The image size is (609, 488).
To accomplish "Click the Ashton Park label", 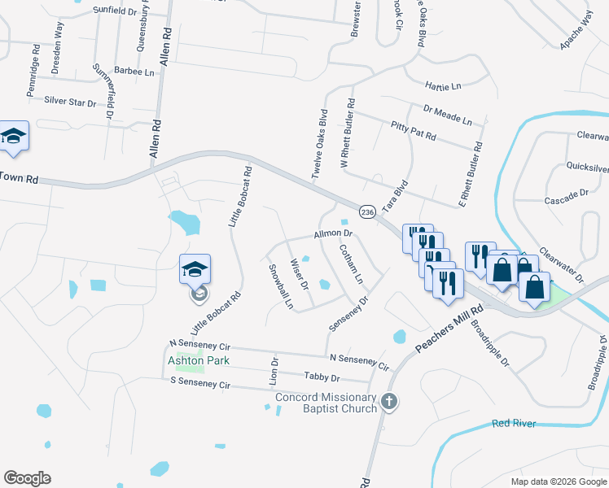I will tap(199, 360).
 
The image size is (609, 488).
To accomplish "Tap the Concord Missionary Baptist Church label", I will tap(327, 403).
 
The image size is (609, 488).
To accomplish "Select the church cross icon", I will tap(390, 401).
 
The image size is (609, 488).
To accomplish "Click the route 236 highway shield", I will tap(367, 212).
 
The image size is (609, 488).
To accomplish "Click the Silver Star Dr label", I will tap(70, 102).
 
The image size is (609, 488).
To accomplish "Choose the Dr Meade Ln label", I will tap(447, 115).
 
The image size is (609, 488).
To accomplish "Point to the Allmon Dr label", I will tap(331, 234).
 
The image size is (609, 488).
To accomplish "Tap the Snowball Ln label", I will tap(280, 286).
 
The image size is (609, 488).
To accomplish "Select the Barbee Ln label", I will tap(134, 72).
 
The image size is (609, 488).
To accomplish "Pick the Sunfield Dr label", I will tap(115, 11).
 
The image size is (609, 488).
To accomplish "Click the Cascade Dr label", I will tap(566, 195).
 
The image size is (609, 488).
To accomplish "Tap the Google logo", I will tap(27, 478).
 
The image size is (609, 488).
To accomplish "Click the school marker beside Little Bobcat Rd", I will tap(195, 269).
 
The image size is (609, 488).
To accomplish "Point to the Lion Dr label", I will tap(274, 371).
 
